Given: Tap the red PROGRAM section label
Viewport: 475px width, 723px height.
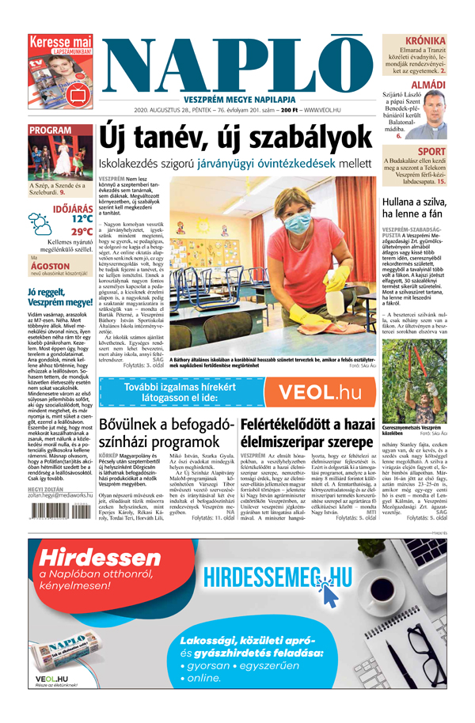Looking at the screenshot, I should pyautogui.click(x=51, y=130).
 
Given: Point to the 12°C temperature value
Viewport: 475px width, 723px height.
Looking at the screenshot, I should pyautogui.click(x=81, y=218).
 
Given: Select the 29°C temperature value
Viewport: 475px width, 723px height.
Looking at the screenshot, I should pyautogui.click(x=81, y=232).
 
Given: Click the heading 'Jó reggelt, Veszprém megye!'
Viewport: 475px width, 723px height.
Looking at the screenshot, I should pyautogui.click(x=59, y=297).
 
